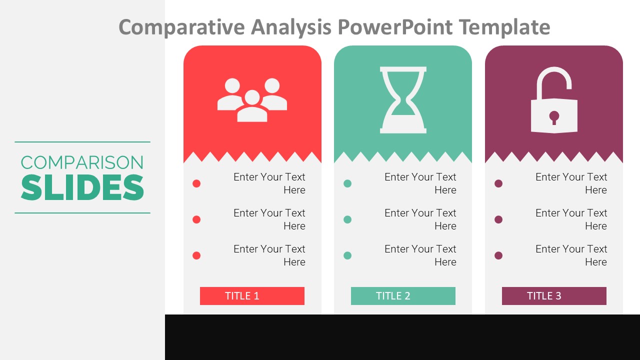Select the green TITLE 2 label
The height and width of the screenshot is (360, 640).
coord(403,296)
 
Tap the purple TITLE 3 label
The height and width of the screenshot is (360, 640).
coord(554,296)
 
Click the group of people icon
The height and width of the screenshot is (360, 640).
coord(252,100)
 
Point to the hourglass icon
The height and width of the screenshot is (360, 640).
coord(403,100)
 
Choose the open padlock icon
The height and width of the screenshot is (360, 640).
coord(554,102)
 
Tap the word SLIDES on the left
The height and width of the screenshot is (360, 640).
coord(82,187)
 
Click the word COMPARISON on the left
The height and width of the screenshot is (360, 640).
coord(82,162)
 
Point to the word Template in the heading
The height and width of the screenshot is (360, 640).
coord(504,26)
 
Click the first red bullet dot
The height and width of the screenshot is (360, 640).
coord(196,183)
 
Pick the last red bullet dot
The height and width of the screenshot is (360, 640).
coord(196,255)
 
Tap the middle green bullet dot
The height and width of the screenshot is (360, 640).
coord(347,219)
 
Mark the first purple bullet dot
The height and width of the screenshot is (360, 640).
coord(498,183)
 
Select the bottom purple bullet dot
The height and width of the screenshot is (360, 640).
coord(498,255)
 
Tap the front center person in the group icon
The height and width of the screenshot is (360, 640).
coord(252,107)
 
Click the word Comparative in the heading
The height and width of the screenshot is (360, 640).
coord(182,26)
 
